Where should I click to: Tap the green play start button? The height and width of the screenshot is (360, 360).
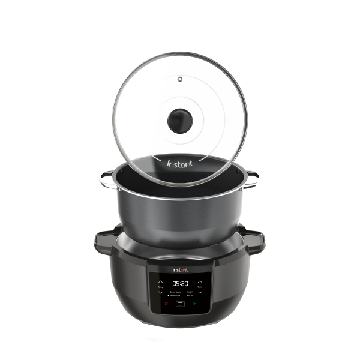pos(194,304)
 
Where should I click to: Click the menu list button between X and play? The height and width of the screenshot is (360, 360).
pos(180,304)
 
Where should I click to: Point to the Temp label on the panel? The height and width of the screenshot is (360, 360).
pos(161,287)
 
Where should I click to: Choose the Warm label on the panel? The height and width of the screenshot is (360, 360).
pos(190,295)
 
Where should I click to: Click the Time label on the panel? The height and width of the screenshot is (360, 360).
pos(199,287)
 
